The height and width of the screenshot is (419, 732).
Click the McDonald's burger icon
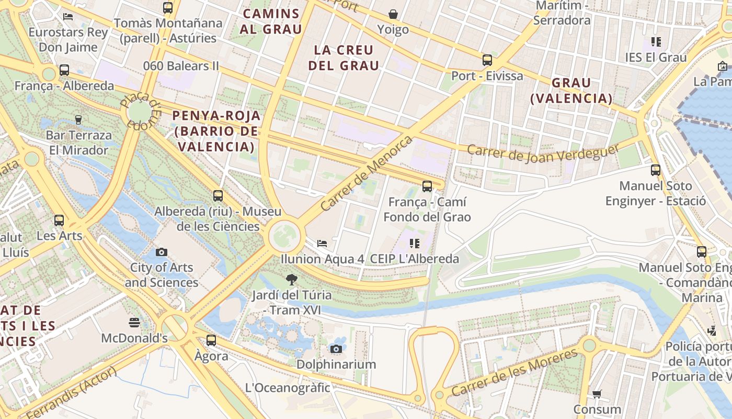click(x=134, y=322)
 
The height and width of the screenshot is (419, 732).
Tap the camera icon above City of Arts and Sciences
click(x=162, y=252)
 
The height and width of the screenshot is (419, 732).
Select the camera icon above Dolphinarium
click(x=336, y=349)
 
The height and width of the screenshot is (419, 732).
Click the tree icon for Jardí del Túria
click(x=292, y=280)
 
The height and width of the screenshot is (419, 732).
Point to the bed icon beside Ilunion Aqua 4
click(x=322, y=244)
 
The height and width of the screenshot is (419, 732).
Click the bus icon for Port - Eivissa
click(x=487, y=60)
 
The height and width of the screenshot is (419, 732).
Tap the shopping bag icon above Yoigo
click(x=393, y=14)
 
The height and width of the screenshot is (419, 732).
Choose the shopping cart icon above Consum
click(x=597, y=394)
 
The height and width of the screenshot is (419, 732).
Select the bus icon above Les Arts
click(x=59, y=220)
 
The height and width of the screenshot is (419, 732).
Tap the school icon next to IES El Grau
click(x=656, y=42)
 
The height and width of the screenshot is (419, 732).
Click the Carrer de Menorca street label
click(x=366, y=173)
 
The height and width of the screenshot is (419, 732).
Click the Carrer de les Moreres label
click(x=514, y=372)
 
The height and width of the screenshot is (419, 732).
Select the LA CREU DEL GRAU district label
click(x=344, y=58)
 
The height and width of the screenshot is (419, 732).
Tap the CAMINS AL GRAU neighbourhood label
click(x=271, y=21)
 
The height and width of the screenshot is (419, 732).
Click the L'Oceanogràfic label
click(x=288, y=388)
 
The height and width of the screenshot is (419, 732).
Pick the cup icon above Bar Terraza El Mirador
click(x=78, y=120)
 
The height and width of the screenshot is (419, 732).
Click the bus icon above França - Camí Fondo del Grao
click(x=427, y=186)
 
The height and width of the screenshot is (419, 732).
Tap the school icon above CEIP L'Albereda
click(x=415, y=244)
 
